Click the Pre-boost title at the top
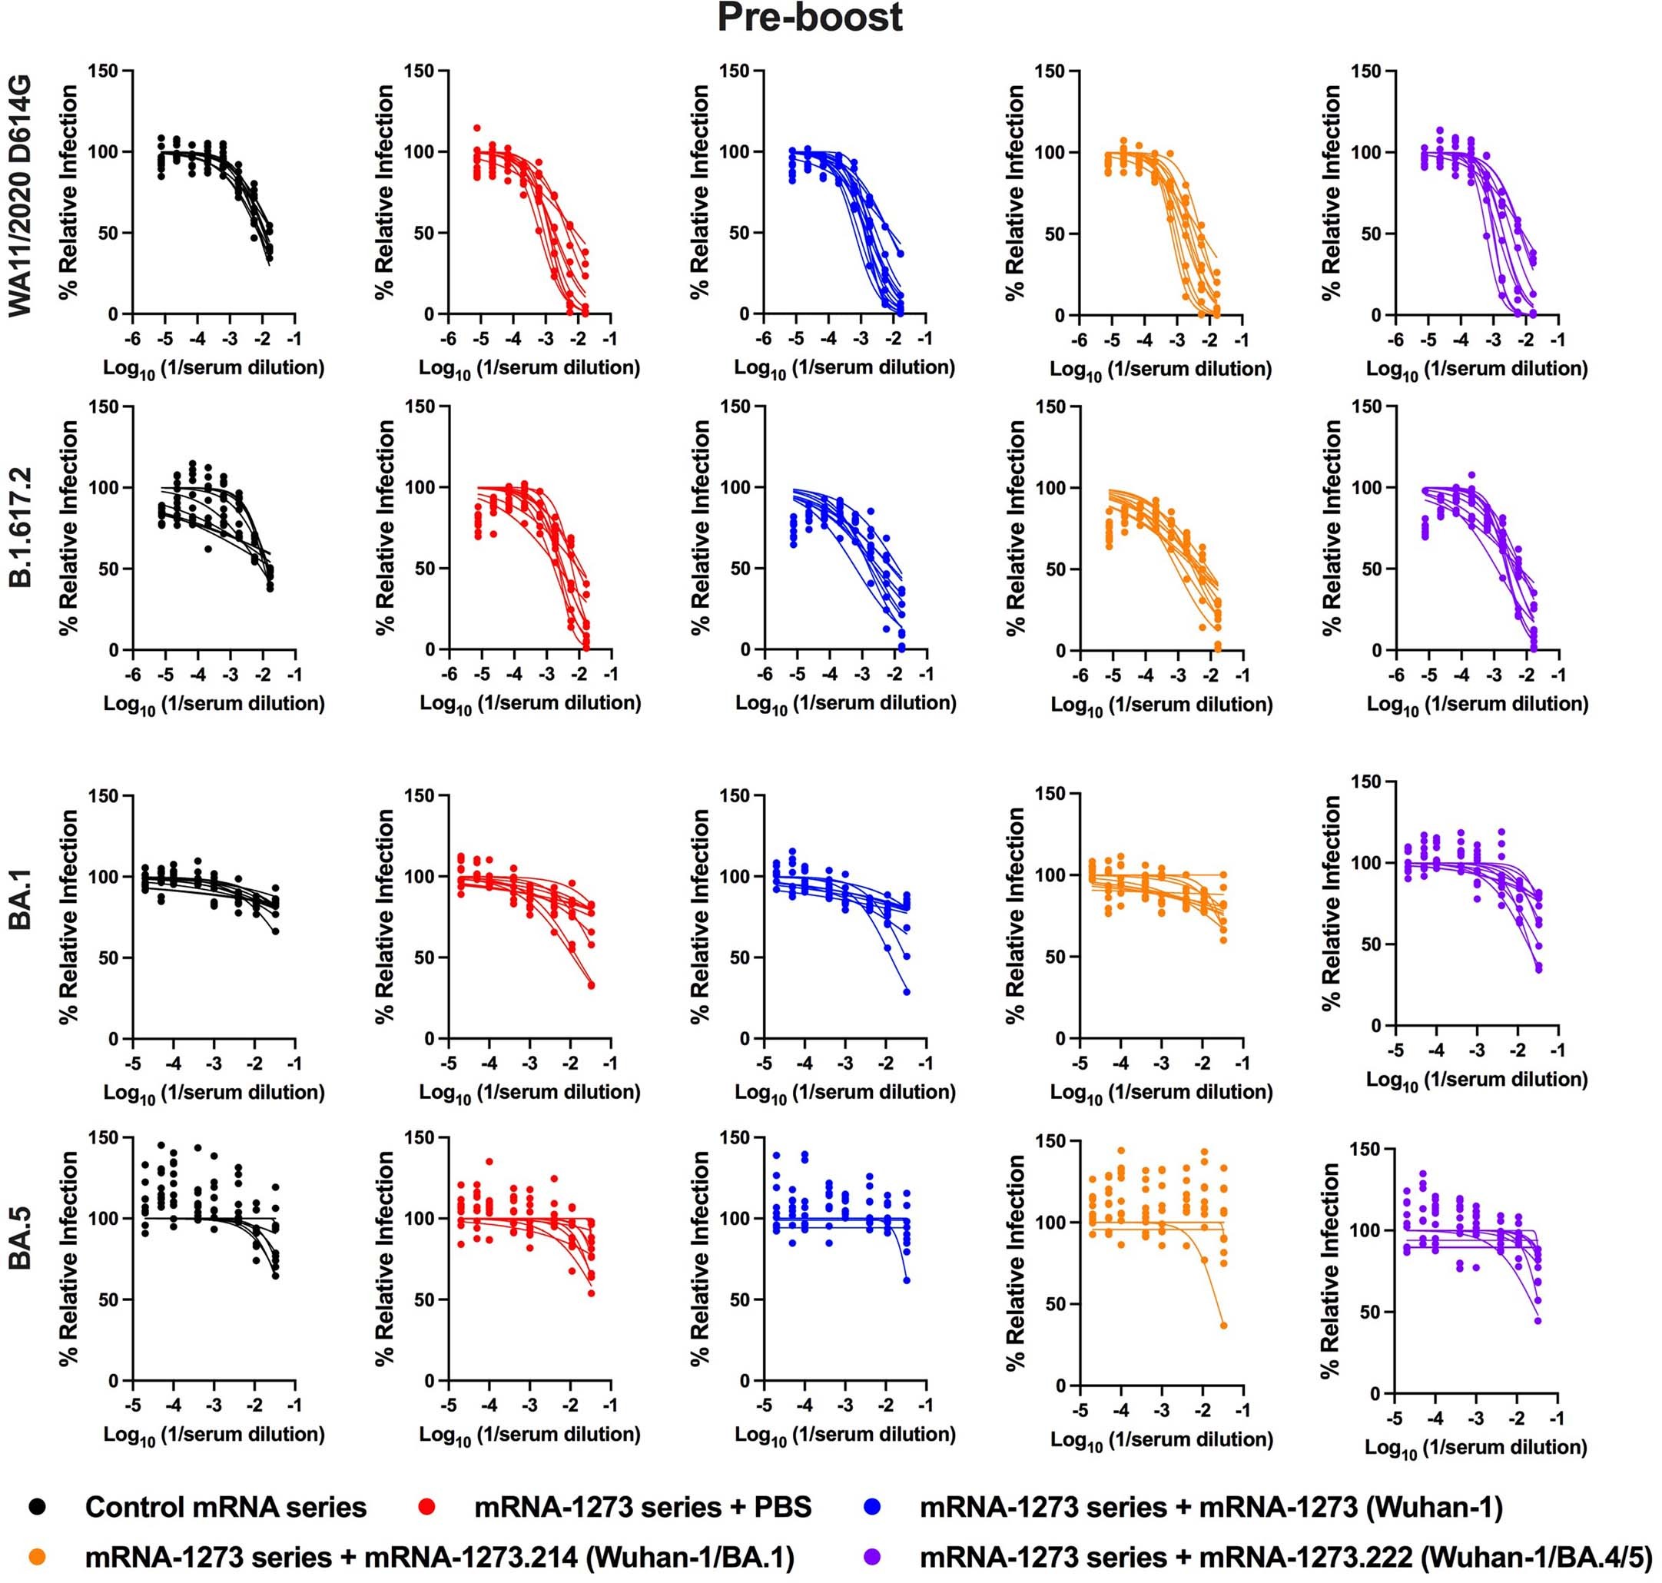coord(809,18)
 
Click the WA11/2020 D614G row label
coord(20,196)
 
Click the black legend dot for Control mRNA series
coord(37,1507)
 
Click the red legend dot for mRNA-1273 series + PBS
coord(428,1507)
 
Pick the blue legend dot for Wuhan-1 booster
coord(872,1507)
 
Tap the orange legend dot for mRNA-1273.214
coord(37,1557)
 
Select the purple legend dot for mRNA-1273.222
coord(872,1557)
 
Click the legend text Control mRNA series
coord(225,1507)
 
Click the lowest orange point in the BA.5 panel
coord(1223,1326)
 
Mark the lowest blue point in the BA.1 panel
coord(907,992)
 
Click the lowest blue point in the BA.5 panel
coord(907,1280)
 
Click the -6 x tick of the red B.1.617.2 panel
coord(449,674)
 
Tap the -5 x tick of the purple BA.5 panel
coord(1395,1419)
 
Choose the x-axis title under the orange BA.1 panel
coord(1161,1093)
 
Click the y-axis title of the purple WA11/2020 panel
coord(1332,192)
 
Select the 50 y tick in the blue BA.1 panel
coord(741,957)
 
